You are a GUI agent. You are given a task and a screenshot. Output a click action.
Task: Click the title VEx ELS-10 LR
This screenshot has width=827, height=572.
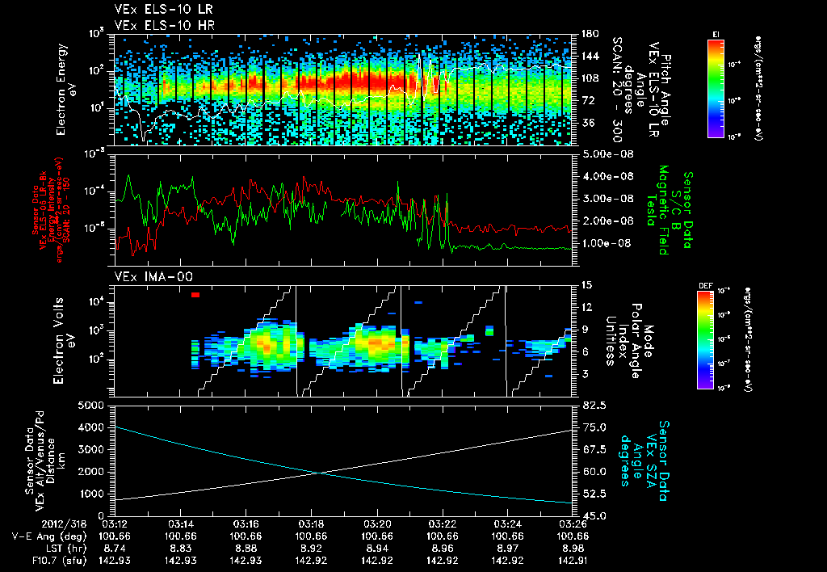click(157, 11)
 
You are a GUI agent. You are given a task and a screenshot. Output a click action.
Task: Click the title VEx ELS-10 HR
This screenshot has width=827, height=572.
click(157, 25)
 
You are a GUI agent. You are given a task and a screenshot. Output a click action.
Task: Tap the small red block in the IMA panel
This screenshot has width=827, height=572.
click(195, 295)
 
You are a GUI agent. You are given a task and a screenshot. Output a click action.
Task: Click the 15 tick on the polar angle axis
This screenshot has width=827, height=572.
click(585, 285)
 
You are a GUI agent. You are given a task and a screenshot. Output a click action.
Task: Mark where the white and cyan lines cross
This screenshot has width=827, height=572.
click(320, 473)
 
